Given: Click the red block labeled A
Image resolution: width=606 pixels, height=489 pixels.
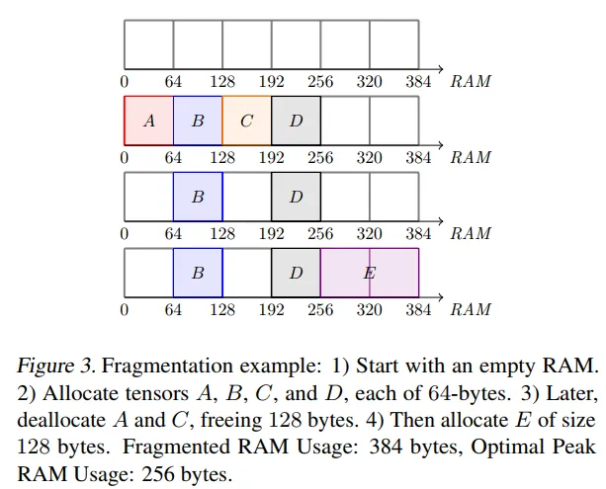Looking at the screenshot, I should [x=148, y=122].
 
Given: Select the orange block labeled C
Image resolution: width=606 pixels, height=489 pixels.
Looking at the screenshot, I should [x=246, y=122].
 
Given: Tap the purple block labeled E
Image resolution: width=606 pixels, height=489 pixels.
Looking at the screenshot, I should [x=369, y=273].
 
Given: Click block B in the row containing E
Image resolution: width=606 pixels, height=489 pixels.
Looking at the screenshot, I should [x=198, y=273].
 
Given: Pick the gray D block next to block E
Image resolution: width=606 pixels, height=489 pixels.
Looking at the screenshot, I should [x=296, y=273].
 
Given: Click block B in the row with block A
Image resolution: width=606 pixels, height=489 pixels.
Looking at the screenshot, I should [x=198, y=122].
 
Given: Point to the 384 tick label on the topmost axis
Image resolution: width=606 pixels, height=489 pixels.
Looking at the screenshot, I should [x=419, y=81].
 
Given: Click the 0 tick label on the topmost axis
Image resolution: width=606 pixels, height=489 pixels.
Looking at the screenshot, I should [x=125, y=81].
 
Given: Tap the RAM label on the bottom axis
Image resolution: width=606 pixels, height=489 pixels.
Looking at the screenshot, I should [x=472, y=310].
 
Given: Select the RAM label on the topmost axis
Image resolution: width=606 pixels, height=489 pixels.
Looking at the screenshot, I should [x=472, y=81].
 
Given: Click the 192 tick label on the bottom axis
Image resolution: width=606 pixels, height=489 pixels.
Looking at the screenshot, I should [x=272, y=310].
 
